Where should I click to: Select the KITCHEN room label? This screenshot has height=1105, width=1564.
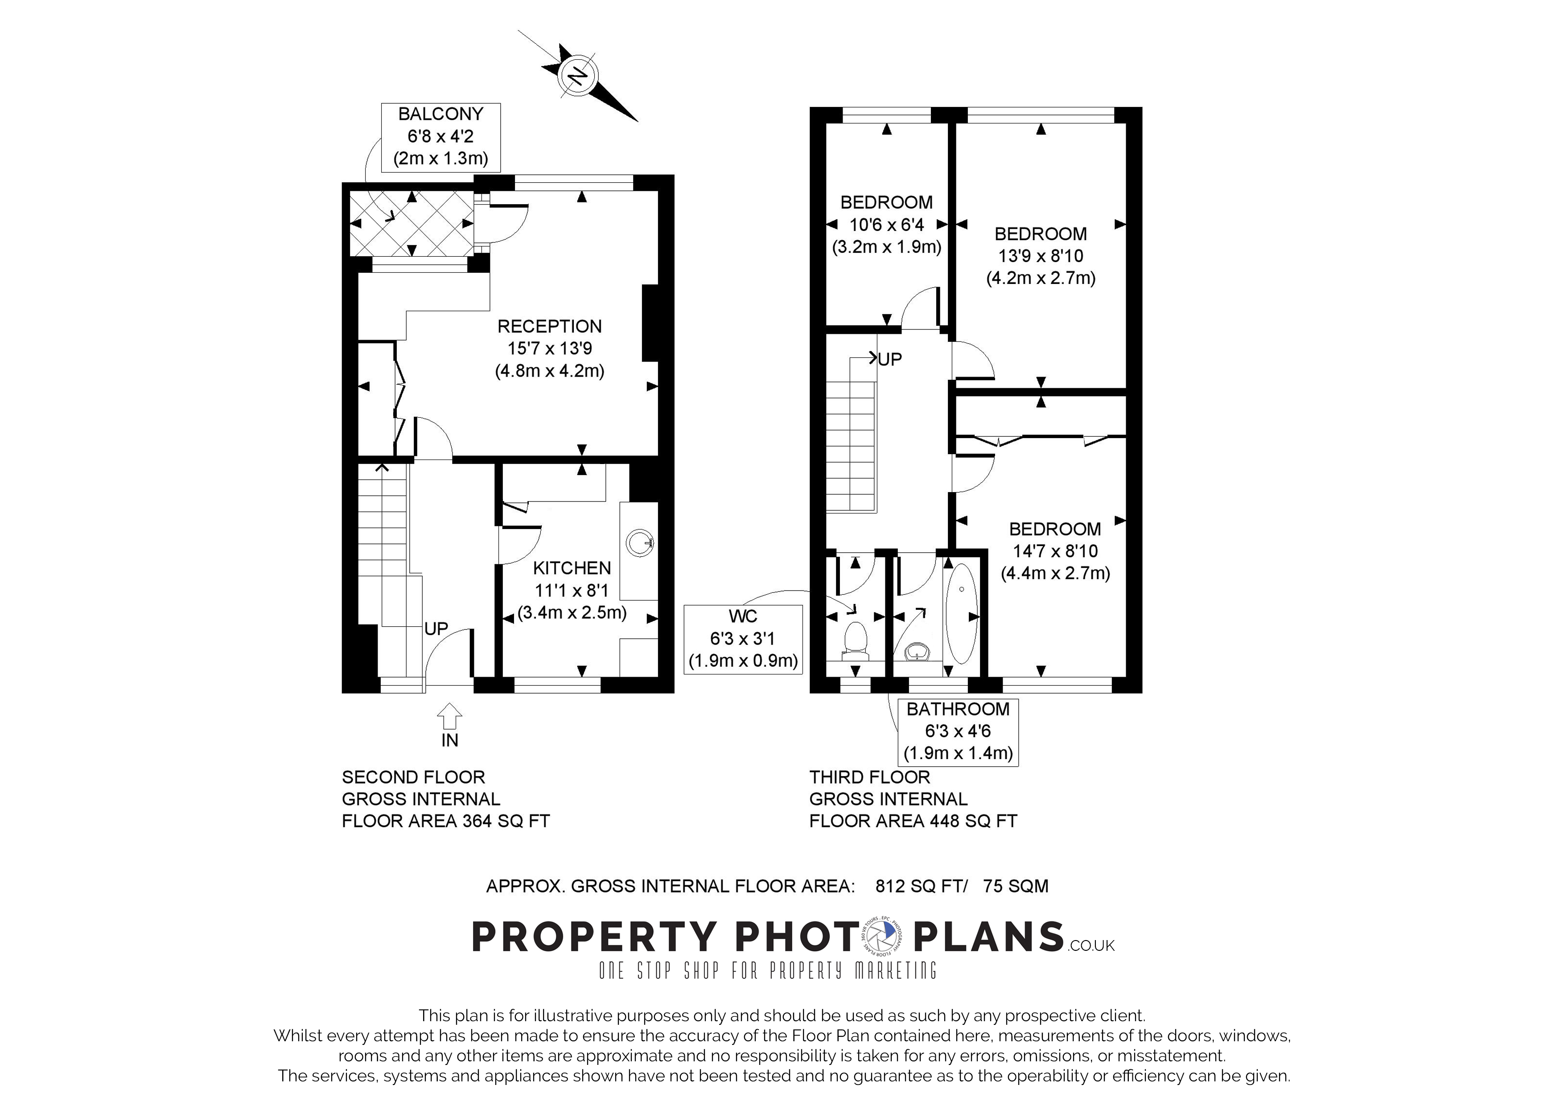(572, 568)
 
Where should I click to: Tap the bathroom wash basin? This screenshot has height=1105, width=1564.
(918, 652)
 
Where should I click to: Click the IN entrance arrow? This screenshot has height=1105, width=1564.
(449, 716)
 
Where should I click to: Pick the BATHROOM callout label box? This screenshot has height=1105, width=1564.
(958, 731)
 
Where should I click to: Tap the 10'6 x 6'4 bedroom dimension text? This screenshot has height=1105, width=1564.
(886, 225)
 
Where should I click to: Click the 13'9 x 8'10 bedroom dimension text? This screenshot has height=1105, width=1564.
(1040, 256)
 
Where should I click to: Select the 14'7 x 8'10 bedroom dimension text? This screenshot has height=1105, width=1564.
(1054, 551)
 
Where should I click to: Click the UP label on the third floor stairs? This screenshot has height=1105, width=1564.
(889, 359)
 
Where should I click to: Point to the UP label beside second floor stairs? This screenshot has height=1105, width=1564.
(436, 628)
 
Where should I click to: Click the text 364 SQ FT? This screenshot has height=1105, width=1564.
(506, 821)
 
